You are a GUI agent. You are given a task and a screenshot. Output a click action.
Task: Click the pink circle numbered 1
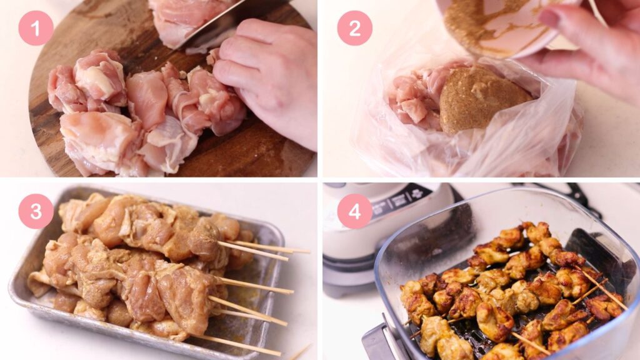pyautogui.click(x=36, y=27)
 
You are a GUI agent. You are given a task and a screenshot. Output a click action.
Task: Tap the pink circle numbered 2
pyautogui.click(x=354, y=27)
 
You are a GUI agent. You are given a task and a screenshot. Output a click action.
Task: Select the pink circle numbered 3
pyautogui.click(x=36, y=211)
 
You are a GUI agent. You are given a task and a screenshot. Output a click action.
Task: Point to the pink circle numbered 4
pyautogui.click(x=354, y=211)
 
